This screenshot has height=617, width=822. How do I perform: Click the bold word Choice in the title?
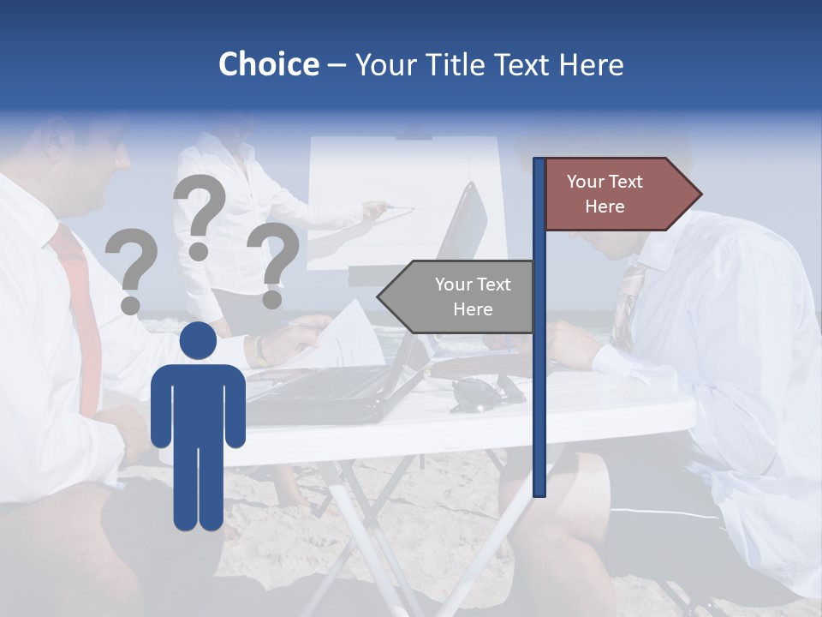pyautogui.click(x=268, y=64)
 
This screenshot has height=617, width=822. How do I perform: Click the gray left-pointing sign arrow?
pyautogui.click(x=459, y=297)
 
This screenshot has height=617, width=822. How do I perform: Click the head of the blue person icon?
pyautogui.click(x=198, y=341)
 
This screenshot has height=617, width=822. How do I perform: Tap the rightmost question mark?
pyautogui.click(x=273, y=264)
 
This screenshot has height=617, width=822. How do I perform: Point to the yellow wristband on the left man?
pyautogui.click(x=257, y=350)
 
